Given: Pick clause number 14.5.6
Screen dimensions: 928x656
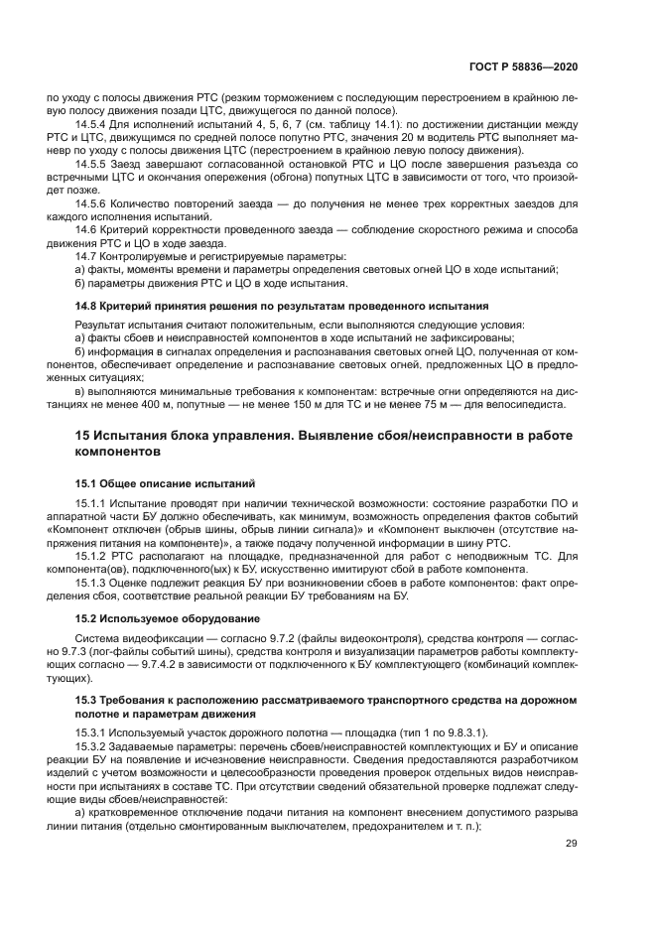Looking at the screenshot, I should pos(90,202).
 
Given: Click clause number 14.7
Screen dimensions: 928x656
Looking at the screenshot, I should pos(86,256).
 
